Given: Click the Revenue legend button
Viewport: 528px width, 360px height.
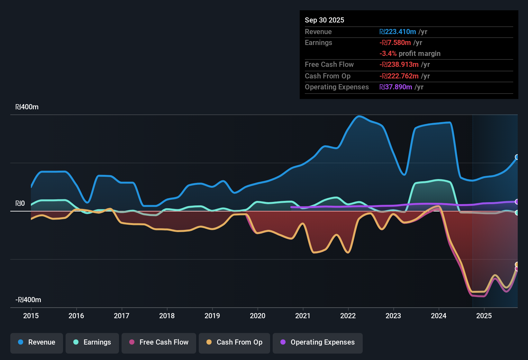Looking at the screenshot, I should [37, 342].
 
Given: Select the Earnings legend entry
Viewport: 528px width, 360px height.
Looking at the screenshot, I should [92, 342].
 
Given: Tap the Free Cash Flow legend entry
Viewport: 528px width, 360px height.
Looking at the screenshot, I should [159, 342].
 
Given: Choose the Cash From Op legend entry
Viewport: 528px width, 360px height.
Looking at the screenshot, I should [234, 342].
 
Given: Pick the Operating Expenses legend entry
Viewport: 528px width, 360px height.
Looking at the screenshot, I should [318, 342].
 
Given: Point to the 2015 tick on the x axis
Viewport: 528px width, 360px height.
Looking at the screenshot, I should [31, 316].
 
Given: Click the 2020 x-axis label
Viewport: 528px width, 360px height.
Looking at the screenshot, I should [258, 316].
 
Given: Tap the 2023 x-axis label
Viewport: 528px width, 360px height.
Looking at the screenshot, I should [393, 316].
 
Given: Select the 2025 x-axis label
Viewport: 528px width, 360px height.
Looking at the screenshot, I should [484, 316].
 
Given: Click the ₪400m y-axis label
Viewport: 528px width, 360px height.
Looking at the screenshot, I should [27, 107].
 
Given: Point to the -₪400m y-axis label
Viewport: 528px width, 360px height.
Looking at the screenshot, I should [28, 300].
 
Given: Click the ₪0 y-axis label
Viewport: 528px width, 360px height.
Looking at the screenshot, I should [20, 203].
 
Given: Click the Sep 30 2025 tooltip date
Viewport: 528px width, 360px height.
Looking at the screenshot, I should [324, 20].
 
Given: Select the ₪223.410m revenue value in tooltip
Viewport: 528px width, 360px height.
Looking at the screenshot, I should [398, 32].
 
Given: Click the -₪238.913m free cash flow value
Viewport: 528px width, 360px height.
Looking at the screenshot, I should [399, 65].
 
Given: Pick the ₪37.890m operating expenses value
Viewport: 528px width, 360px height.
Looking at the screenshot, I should [396, 87].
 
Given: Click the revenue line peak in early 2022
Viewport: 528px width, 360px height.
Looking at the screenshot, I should [359, 116].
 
